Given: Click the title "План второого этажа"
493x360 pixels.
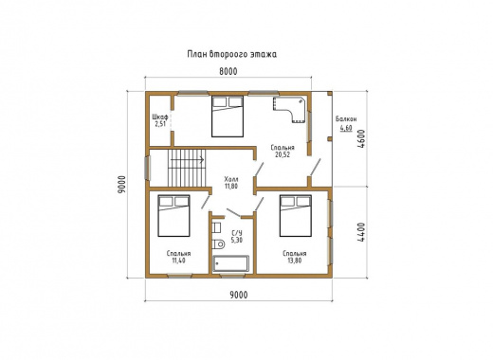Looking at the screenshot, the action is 232,54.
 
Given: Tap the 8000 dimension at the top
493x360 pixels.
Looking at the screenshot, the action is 228,72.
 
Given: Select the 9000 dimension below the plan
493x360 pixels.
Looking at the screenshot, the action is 239,295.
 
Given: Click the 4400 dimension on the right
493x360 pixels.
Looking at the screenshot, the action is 361,232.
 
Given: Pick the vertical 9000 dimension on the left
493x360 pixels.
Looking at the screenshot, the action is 121,185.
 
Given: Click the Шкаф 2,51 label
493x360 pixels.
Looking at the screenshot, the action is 160,120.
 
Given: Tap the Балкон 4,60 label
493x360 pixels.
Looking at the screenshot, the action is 346,124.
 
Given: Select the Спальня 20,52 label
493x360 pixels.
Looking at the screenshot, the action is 283,152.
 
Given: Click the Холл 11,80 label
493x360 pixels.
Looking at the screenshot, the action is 231,182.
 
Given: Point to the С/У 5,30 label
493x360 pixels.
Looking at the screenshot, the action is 237,237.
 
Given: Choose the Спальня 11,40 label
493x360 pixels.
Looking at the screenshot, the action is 178,257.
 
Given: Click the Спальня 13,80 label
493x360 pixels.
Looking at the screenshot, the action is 295,257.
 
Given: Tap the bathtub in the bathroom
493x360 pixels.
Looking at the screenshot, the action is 231,263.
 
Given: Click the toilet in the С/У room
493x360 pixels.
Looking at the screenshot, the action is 218,244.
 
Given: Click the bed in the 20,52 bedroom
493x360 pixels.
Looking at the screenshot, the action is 228,117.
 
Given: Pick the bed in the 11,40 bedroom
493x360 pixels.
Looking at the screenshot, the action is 173,216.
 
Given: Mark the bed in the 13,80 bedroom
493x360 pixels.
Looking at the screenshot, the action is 296,216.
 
